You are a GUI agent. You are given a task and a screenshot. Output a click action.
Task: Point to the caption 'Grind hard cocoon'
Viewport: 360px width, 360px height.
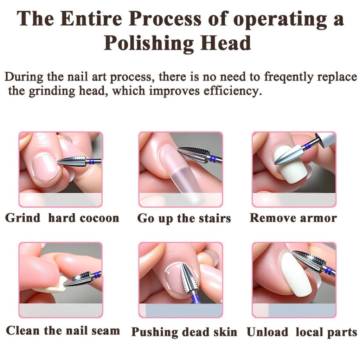62,218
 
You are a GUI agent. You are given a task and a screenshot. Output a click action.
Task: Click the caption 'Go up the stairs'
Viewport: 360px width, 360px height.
184,218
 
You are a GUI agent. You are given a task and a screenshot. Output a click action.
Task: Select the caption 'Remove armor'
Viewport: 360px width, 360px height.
293,218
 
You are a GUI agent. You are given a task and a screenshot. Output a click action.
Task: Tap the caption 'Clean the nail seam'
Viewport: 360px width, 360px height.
63,331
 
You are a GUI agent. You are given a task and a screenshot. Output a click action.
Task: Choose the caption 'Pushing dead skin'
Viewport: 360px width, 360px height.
184,332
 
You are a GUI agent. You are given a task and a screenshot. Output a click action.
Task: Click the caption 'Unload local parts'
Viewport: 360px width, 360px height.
302,332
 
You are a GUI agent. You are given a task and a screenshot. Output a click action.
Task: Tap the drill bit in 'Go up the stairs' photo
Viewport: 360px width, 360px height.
195,154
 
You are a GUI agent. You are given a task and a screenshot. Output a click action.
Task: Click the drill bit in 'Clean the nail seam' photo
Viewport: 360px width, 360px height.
79,279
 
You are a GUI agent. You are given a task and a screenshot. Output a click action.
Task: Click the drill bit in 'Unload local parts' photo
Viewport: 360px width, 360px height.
309,261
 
